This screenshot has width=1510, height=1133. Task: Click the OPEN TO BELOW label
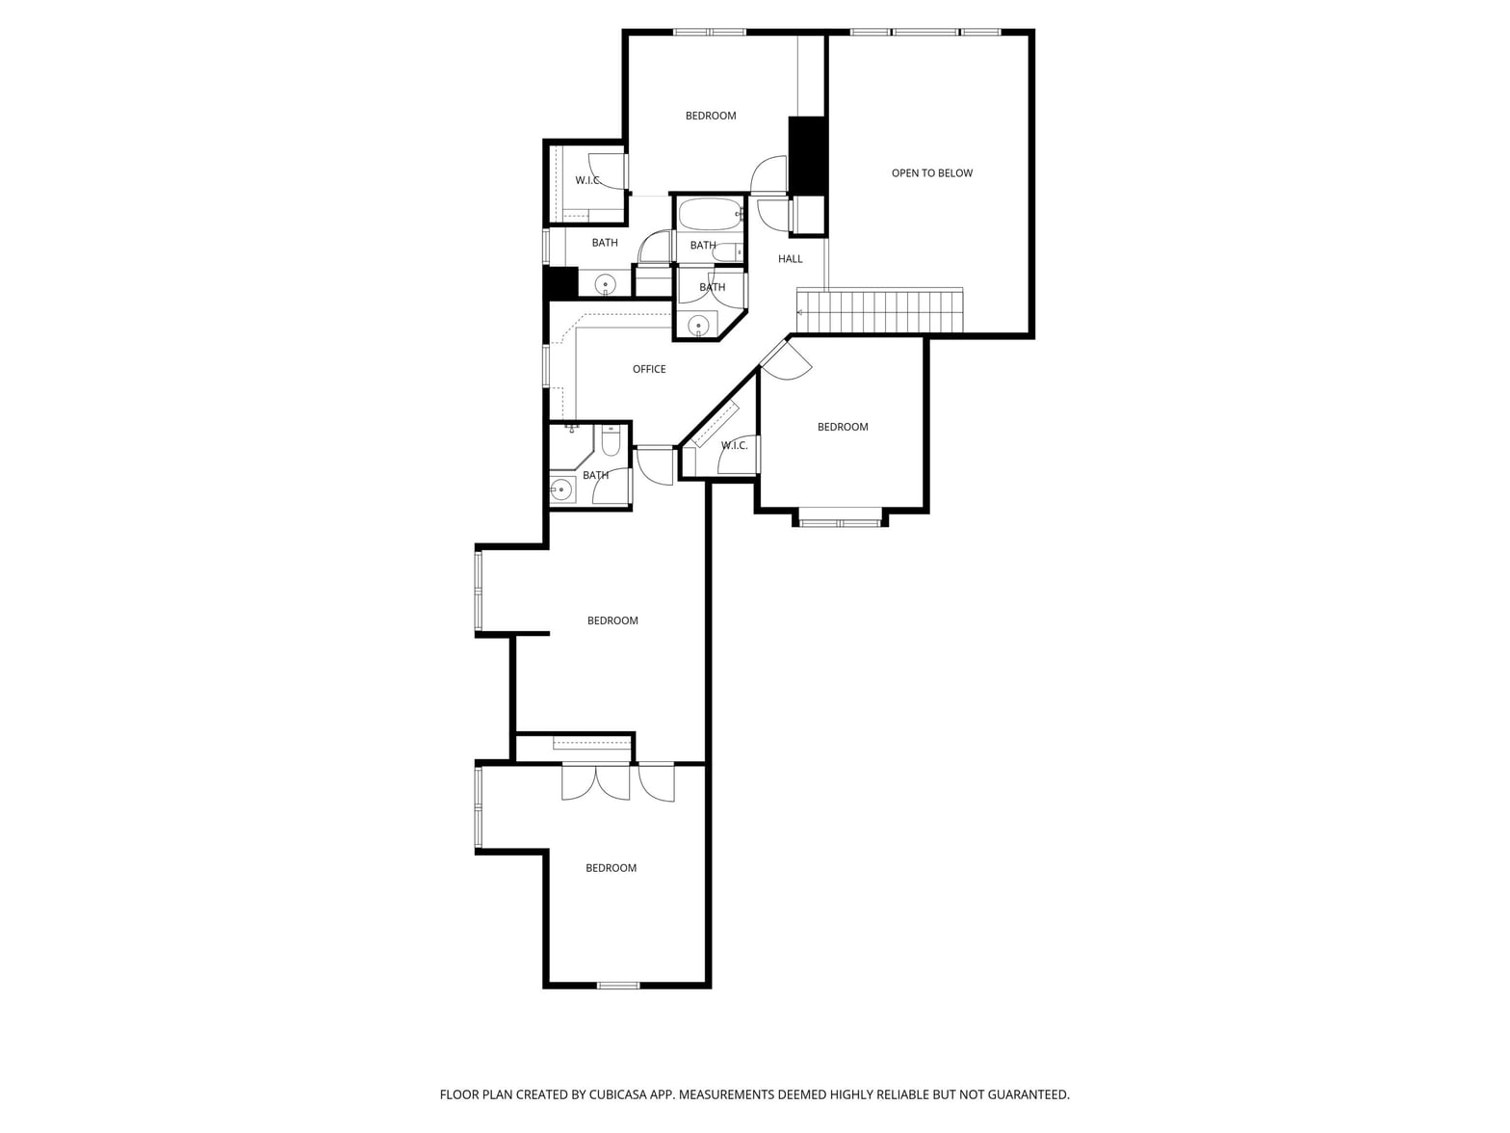(x=931, y=173)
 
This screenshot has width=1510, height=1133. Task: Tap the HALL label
(x=790, y=258)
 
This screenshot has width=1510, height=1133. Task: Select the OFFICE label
(x=649, y=369)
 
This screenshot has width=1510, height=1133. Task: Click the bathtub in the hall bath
(x=710, y=215)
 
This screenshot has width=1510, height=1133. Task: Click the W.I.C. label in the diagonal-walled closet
(x=734, y=446)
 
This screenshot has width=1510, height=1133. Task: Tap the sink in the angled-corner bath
(x=698, y=324)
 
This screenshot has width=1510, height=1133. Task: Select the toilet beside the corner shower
(x=611, y=441)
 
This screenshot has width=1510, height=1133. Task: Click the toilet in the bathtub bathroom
(x=726, y=253)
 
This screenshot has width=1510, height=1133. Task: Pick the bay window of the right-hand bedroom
(x=840, y=523)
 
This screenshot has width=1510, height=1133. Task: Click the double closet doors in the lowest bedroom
(x=596, y=782)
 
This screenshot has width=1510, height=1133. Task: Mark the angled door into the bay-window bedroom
(x=785, y=359)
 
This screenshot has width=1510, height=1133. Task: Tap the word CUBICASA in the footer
(x=617, y=1094)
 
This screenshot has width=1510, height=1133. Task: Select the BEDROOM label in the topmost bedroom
(x=711, y=116)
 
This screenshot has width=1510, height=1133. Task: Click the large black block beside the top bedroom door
(x=806, y=155)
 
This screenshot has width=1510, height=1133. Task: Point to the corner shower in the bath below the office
(x=571, y=446)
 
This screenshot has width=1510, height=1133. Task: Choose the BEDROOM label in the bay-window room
(x=843, y=427)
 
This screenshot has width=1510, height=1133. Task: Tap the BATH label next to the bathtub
(x=703, y=246)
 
